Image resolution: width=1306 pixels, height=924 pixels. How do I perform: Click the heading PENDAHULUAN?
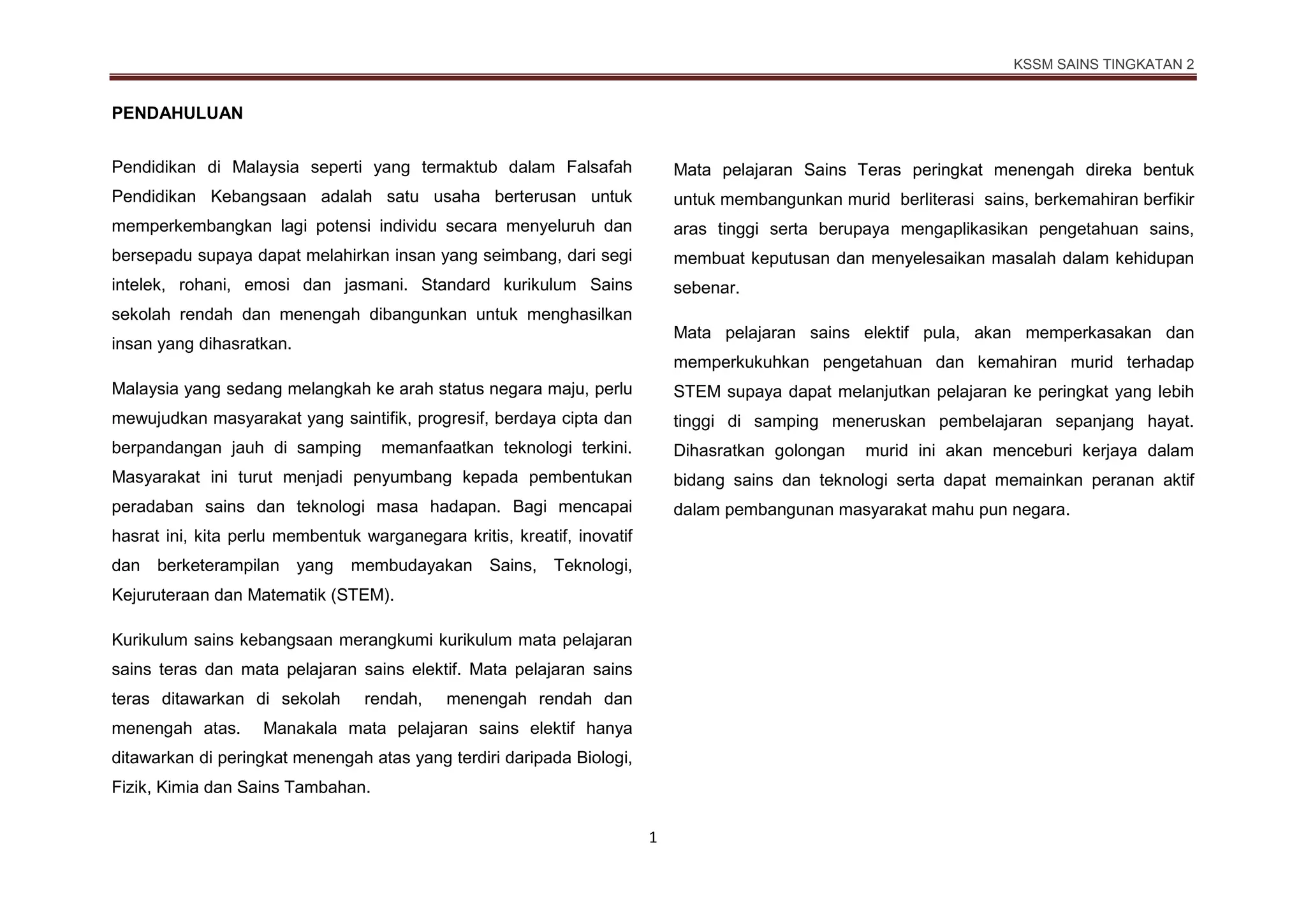177,114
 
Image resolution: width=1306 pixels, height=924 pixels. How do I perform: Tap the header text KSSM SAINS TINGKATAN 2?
1103,64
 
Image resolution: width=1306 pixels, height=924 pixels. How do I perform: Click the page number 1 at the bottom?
652,838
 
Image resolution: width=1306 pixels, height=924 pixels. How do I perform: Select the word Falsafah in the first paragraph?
599,167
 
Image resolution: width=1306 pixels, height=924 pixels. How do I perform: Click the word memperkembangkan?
193,227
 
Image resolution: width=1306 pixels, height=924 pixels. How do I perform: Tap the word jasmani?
375,285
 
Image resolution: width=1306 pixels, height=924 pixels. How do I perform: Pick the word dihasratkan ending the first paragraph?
245,345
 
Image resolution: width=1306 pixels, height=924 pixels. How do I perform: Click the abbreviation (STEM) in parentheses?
362,595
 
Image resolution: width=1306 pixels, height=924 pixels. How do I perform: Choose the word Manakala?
296,729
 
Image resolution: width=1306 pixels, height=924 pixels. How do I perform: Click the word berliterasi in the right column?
937,200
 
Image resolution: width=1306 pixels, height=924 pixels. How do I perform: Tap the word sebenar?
706,288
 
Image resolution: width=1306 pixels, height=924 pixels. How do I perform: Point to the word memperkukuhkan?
741,362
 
